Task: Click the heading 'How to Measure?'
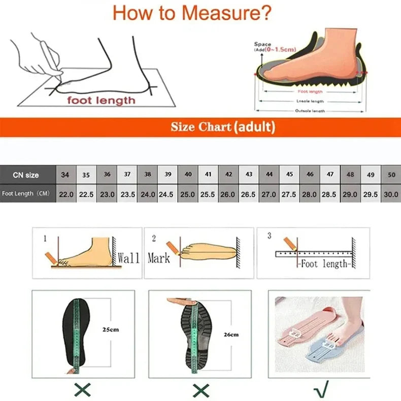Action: (x=192, y=13)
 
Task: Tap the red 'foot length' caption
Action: (x=102, y=100)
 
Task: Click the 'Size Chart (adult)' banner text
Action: (x=223, y=127)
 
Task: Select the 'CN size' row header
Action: (x=26, y=175)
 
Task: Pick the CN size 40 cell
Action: (x=188, y=175)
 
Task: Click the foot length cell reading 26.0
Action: (x=228, y=194)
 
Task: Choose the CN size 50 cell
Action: (x=391, y=175)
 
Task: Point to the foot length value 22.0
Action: (x=66, y=194)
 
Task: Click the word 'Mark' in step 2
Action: (x=158, y=258)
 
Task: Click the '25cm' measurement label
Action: (x=111, y=329)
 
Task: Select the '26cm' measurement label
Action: (x=230, y=335)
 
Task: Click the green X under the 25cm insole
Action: (x=82, y=389)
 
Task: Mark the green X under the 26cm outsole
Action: (x=201, y=389)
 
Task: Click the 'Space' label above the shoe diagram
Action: (x=263, y=45)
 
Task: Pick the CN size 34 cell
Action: (x=65, y=175)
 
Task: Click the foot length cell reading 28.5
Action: (x=329, y=194)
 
